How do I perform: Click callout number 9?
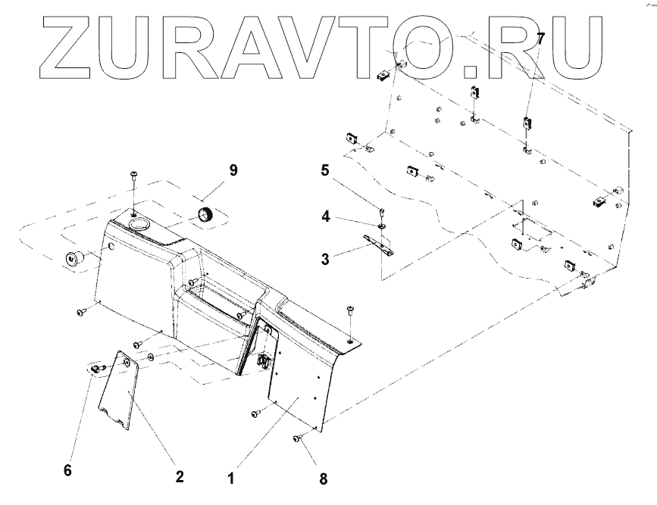[233, 170]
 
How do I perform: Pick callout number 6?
[67, 470]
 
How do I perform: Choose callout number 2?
[180, 477]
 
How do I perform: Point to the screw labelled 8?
[298, 438]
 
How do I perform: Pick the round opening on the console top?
[139, 225]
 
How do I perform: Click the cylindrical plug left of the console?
[74, 257]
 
